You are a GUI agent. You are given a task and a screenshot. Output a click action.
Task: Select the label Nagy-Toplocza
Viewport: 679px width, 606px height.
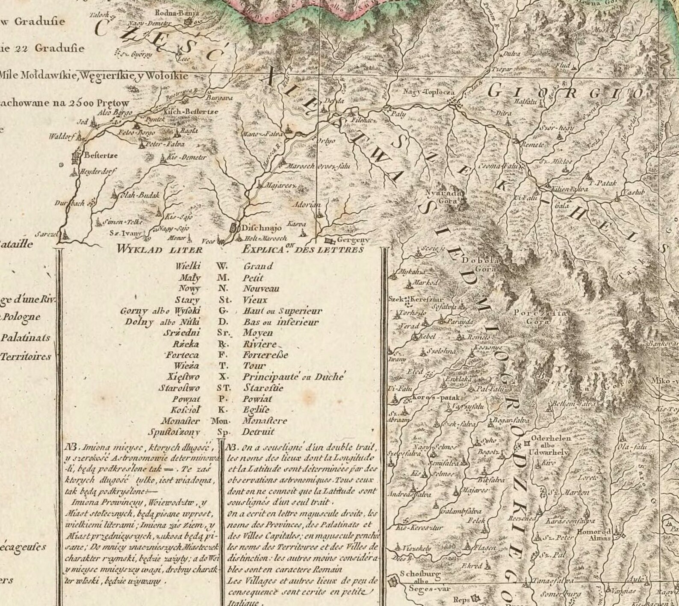(429, 92)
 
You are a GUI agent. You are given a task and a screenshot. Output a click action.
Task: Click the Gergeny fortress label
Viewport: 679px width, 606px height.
(353, 240)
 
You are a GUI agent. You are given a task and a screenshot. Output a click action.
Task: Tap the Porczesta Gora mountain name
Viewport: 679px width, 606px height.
(540, 317)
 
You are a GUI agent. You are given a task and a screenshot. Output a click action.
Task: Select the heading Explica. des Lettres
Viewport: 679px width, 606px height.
(303, 250)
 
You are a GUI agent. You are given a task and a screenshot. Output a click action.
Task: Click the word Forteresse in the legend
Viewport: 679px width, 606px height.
(266, 355)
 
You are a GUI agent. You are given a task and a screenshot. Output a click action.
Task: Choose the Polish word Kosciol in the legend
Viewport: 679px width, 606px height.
(184, 410)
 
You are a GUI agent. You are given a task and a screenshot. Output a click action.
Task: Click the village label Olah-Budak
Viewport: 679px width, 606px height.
(139, 195)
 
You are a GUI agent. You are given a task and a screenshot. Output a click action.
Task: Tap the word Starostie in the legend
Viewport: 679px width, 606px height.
(263, 388)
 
